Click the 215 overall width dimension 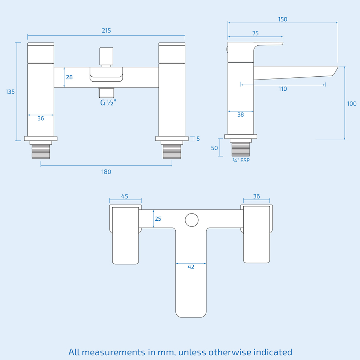tap(106, 31)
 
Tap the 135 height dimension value tap(10, 92)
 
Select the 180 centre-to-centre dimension tap(106, 172)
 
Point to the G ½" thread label tap(108, 103)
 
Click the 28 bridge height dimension tap(69, 77)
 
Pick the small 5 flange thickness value tap(198, 139)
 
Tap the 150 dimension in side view tap(283, 19)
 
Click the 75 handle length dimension tap(255, 33)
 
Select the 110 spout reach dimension tap(283, 89)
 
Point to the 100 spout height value tap(351, 104)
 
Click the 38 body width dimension tap(241, 115)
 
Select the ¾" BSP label tap(241, 161)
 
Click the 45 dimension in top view tap(125, 197)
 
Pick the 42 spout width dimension tap(191, 267)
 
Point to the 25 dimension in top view tap(158, 219)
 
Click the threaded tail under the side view tap(241, 149)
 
